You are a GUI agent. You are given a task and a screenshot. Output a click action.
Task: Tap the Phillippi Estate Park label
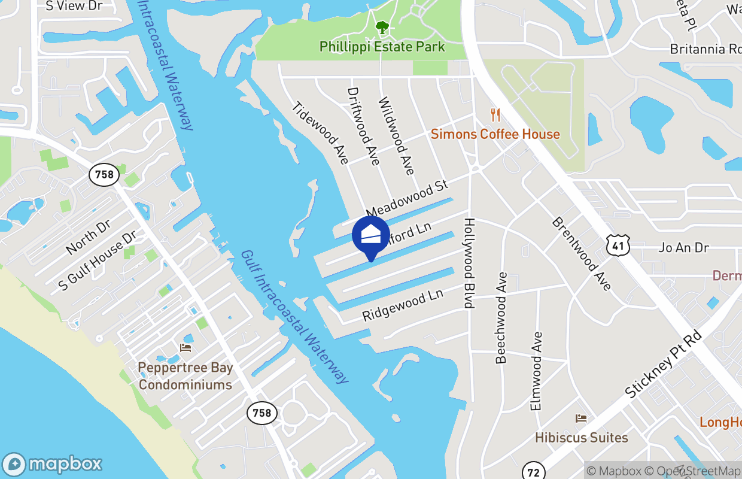382,47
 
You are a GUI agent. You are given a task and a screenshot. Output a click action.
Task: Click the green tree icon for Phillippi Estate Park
382,27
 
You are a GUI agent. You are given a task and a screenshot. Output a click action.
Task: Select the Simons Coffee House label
495,134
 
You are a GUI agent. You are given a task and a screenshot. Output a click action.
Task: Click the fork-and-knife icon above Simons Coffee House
495,114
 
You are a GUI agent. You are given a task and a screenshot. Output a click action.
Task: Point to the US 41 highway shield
618,245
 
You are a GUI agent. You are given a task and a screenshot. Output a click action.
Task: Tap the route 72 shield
532,471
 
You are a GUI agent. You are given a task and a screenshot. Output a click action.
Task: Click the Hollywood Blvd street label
469,263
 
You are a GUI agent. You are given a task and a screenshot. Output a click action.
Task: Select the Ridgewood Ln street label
403,306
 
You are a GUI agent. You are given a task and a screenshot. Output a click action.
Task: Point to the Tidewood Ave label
320,132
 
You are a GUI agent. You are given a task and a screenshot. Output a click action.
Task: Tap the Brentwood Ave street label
582,254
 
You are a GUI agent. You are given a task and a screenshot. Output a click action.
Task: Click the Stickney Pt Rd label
662,364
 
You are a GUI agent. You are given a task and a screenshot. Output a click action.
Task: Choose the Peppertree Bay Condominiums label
185,376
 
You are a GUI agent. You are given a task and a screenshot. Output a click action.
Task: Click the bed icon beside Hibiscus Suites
580,419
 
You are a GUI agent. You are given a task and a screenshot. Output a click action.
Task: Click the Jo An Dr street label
683,247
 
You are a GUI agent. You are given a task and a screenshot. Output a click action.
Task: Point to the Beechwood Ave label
501,318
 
